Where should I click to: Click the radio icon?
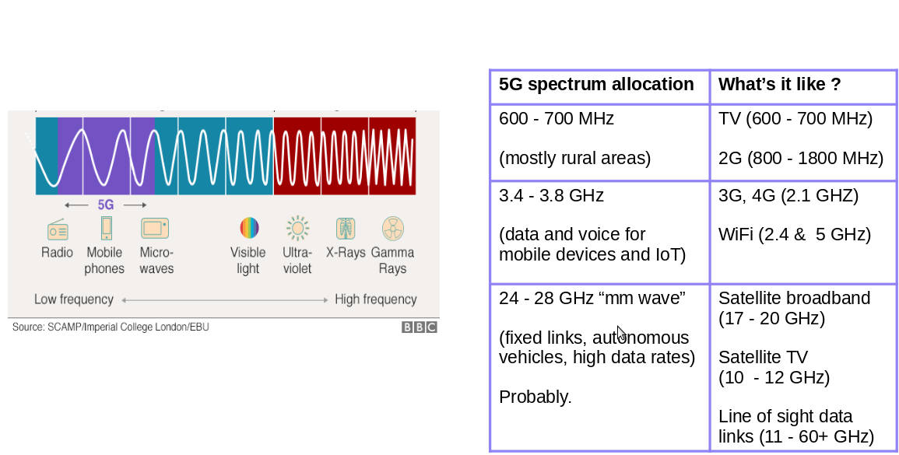pos(58,229)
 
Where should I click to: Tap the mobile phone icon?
pos(106,228)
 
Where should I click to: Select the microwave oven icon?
pos(155,228)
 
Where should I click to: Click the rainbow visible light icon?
pos(249,228)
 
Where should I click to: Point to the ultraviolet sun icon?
pos(297,228)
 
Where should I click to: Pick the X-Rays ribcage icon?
pos(346,228)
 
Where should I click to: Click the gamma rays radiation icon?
pos(393,228)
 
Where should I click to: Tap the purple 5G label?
pos(106,205)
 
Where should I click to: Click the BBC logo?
pos(419,327)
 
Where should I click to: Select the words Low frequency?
pos(73,299)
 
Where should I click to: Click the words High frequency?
pos(375,299)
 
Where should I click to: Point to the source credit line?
pos(111,327)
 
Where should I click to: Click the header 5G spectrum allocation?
pos(596,84)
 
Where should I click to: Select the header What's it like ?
pos(779,84)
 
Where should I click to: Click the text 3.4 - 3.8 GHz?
pos(551,196)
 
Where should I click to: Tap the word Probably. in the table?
pos(536,397)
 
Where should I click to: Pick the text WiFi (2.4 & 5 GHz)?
pos(795,234)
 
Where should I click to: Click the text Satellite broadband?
pos(794,298)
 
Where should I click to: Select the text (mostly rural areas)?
pos(575,158)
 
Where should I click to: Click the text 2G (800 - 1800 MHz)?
pos(801,158)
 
